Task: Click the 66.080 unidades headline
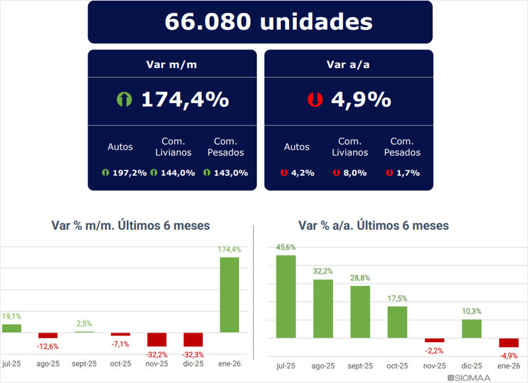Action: (260, 22)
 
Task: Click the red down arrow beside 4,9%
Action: (315, 100)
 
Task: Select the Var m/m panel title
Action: (171, 65)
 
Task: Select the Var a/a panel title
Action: (348, 65)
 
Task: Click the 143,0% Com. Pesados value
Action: (231, 173)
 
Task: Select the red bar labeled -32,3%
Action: (193, 339)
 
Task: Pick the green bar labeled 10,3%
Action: (471, 329)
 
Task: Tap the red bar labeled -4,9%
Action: (509, 343)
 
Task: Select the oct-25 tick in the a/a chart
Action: (397, 366)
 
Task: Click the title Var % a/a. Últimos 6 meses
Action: (374, 226)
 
